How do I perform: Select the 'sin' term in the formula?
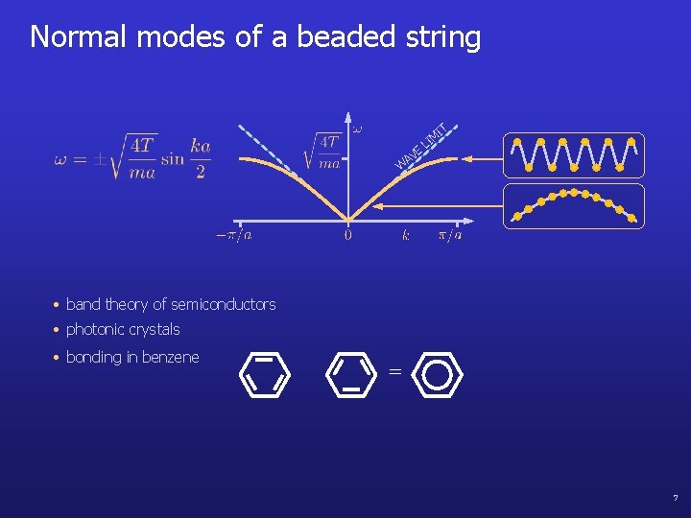173,159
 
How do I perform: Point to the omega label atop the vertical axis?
358,127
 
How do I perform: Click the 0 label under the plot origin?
347,235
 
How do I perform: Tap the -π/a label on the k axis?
233,234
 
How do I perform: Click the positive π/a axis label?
450,234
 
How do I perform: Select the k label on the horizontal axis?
405,234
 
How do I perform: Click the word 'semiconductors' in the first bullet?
227,304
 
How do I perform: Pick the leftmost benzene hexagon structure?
263,374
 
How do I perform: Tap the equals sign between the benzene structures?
394,372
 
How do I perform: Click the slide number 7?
675,499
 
